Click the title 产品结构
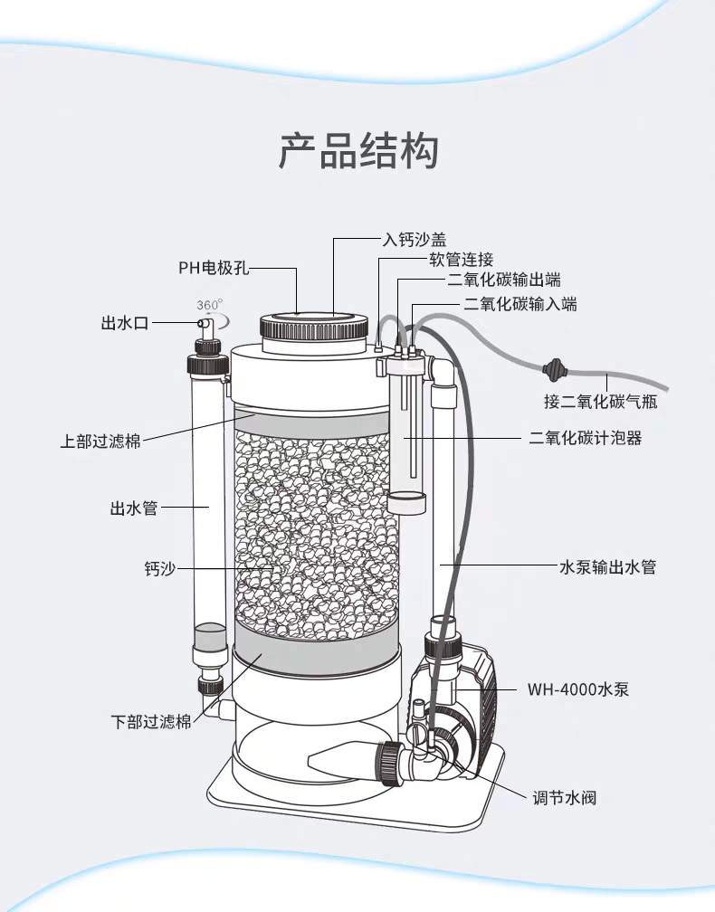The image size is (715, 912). [357, 150]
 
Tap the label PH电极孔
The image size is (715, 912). [213, 268]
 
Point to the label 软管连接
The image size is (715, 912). [461, 261]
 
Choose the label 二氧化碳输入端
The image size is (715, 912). [520, 304]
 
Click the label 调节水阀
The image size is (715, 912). [564, 798]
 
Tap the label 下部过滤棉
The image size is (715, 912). [151, 722]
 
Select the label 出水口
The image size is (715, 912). [125, 323]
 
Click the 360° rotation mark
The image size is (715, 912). [210, 305]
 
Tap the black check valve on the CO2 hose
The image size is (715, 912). [552, 369]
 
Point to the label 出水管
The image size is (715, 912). [134, 508]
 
